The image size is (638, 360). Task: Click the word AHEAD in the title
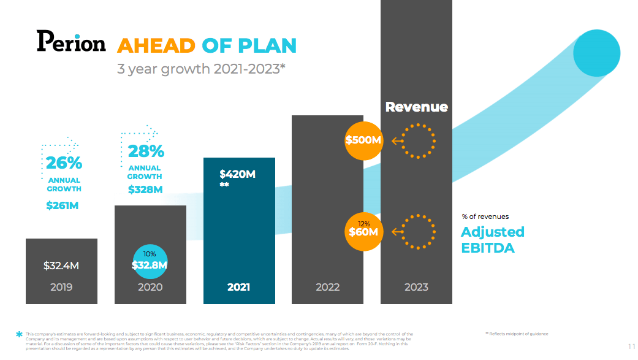coord(156,45)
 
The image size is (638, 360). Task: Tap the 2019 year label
coord(61,287)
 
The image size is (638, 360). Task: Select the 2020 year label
coord(150,287)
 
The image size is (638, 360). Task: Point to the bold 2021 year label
coord(238,287)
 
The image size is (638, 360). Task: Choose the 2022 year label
coord(327,287)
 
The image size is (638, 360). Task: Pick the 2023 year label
coord(416,287)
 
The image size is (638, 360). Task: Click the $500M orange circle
coord(364,140)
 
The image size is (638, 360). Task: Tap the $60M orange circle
coord(364,231)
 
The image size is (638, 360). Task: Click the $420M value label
coord(237,174)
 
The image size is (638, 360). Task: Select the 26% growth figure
coord(64,163)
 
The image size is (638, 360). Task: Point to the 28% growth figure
coord(145,151)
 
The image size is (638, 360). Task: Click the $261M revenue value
coord(63,205)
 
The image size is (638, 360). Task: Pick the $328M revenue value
coord(145,190)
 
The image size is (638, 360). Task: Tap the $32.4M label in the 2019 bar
coord(61,266)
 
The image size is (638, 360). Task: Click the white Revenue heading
coord(416,107)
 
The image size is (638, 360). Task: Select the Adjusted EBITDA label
coord(492,239)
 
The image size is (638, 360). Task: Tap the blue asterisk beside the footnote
coord(19,335)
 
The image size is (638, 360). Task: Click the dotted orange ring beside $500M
coord(419,141)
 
